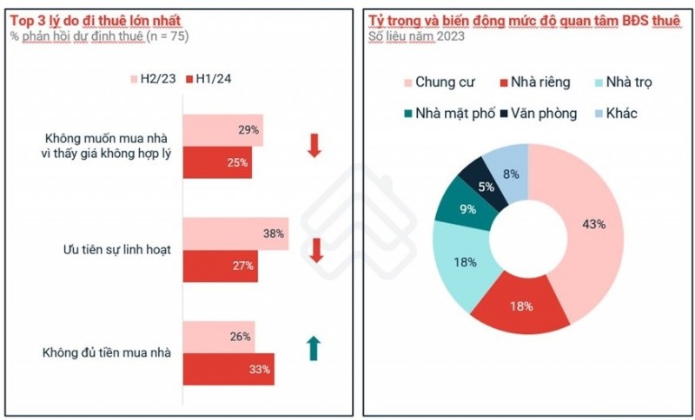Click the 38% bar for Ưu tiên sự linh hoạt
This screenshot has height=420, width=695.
(235, 234)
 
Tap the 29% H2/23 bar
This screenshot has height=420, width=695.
(222, 130)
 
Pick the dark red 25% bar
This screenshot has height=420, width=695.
(216, 162)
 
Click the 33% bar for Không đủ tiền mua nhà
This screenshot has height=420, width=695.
(228, 369)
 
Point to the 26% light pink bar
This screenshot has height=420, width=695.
(218, 337)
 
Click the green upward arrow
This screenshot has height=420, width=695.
(314, 348)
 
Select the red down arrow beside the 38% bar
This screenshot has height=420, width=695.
(316, 250)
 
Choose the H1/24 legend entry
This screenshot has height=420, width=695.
(206, 78)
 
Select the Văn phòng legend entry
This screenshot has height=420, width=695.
(538, 113)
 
